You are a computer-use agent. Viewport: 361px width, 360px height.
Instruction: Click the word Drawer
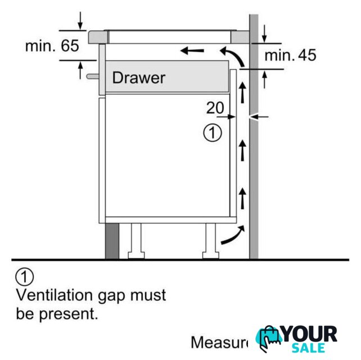tap(139, 77)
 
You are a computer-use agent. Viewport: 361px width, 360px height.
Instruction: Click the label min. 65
tap(52, 46)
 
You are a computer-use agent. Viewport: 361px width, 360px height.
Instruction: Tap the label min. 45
tap(290, 55)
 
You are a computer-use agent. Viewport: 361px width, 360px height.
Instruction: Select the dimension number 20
tap(215, 107)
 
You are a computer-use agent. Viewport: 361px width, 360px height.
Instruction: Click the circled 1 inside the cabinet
tap(211, 133)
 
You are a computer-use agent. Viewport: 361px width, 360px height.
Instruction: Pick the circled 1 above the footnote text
tap(25, 277)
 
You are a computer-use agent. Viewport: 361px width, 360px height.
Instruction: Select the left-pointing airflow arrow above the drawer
tap(192, 51)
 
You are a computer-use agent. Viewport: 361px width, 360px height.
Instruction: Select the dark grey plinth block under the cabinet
tap(112, 241)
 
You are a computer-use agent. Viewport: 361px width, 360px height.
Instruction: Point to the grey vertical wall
tap(254, 169)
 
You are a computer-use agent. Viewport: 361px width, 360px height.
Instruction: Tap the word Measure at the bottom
tap(219, 342)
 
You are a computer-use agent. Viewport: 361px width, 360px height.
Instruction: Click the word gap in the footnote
tap(112, 294)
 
